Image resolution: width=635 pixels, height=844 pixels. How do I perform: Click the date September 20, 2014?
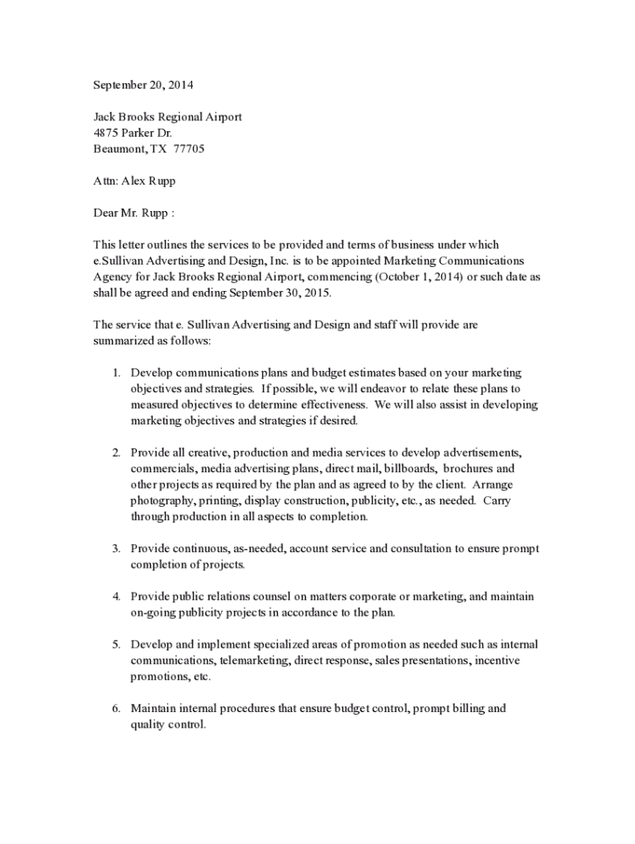pos(143,85)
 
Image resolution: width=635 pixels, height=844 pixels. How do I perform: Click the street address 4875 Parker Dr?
pos(133,133)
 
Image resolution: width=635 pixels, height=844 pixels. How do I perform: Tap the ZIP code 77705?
pos(189,149)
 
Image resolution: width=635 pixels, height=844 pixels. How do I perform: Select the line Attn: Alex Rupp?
pos(134,181)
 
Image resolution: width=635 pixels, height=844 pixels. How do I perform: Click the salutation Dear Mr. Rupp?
pos(134,213)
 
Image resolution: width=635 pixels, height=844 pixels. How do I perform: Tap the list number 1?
pos(116,373)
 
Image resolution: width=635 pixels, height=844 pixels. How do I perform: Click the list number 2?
pos(116,452)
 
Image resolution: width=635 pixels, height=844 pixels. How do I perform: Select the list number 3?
pos(116,548)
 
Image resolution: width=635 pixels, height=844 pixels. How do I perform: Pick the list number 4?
pos(116,596)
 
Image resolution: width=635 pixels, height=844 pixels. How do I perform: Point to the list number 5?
pos(116,645)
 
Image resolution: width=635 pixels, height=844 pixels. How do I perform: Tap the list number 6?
pos(116,708)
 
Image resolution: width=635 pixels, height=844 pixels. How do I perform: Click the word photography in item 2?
pos(162,500)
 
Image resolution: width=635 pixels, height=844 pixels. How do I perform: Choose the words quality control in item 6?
pos(167,724)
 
